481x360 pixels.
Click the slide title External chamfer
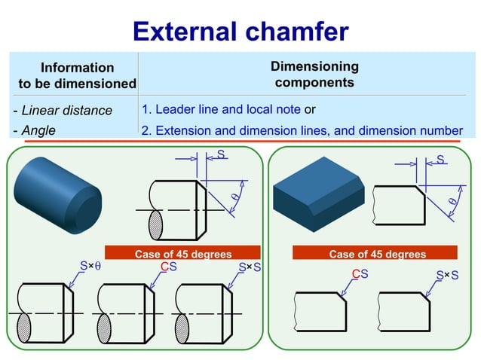pos(240,31)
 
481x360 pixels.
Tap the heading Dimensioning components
pos(314,75)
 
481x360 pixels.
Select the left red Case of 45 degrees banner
pos(183,254)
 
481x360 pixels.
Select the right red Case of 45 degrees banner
pos(378,254)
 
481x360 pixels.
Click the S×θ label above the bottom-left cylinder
pos(90,267)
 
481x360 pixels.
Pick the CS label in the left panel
pos(169,267)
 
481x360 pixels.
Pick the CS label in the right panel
pos(360,273)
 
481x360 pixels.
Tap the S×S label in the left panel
pos(250,267)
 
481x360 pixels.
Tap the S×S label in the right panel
pos(448,273)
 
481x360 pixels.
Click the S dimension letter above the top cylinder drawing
pos(221,154)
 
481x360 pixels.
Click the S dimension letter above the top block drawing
pos(440,160)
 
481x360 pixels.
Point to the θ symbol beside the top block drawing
pos(452,202)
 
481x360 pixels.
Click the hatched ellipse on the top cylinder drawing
pos(157,225)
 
